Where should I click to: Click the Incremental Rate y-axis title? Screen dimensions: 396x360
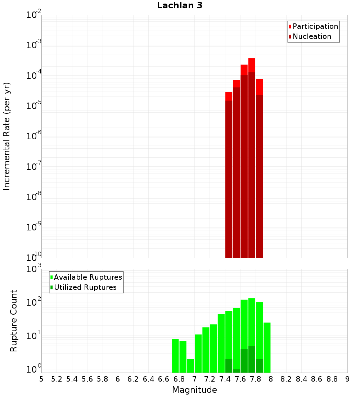pyautogui.click(x=7, y=136)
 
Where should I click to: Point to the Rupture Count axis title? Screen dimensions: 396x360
pyautogui.click(x=14, y=320)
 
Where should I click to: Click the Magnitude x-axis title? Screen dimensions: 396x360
pyautogui.click(x=194, y=390)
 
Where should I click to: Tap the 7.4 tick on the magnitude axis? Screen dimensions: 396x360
pyautogui.click(x=225, y=379)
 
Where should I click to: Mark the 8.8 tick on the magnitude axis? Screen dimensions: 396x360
pyautogui.click(x=332, y=379)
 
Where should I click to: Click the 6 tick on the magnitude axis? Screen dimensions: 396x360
pyautogui.click(x=118, y=379)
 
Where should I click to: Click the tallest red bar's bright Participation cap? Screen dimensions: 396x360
pyautogui.click(x=252, y=65)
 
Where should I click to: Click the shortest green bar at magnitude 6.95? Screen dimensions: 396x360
pyautogui.click(x=190, y=366)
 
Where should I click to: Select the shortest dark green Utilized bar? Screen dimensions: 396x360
pyautogui.click(x=236, y=371)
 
